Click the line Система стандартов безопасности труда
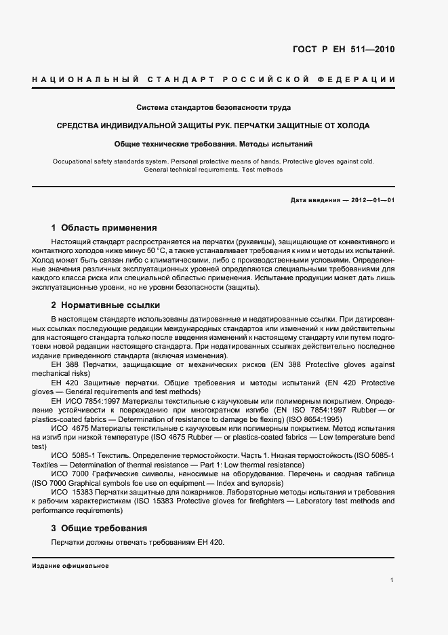click(213, 107)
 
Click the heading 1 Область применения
click(104, 228)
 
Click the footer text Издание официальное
click(70, 565)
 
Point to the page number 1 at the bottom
click(392, 580)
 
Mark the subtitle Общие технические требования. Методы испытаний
click(213, 144)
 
